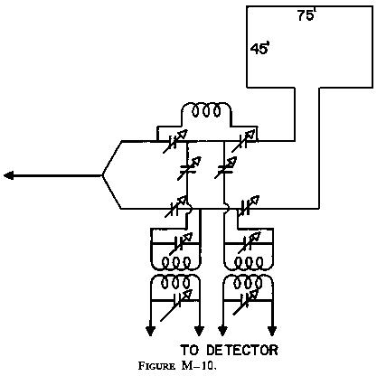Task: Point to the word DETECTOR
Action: click(240, 349)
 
